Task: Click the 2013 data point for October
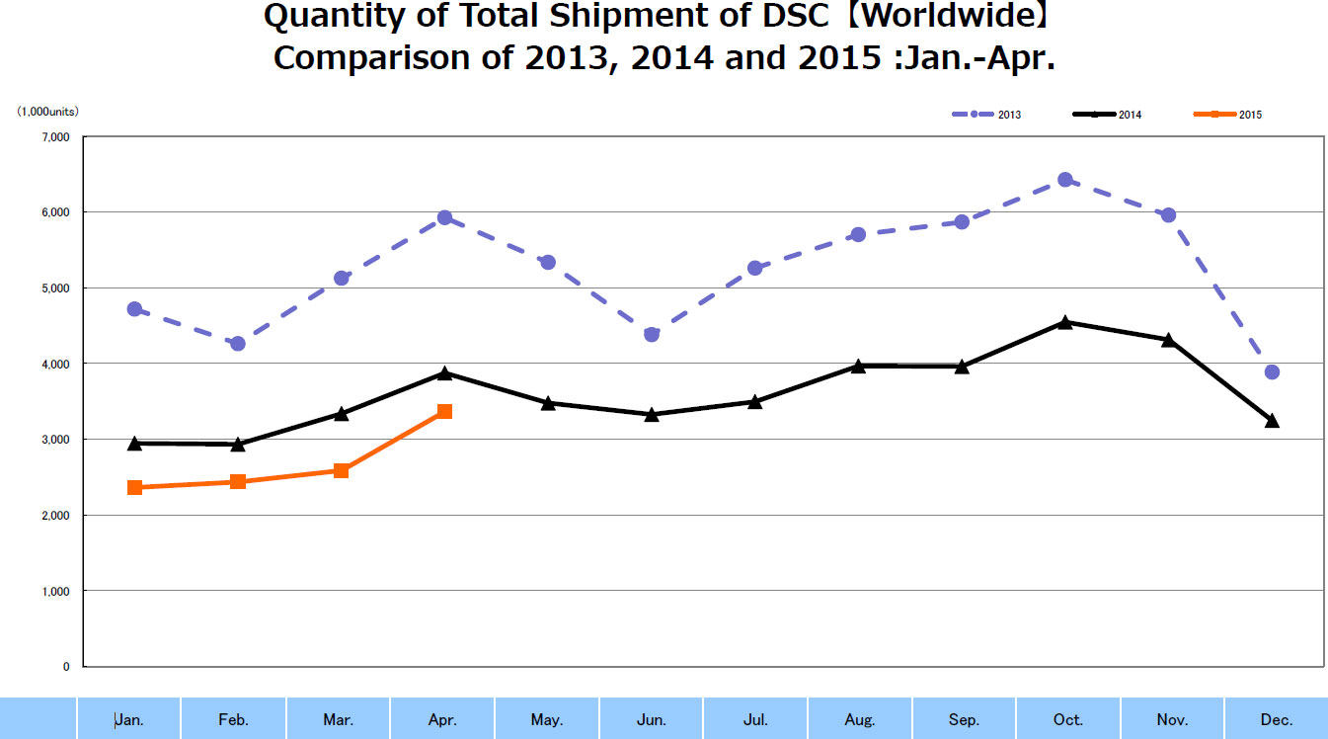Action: click(1064, 180)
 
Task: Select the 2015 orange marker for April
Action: click(444, 411)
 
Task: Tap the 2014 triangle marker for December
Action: click(1272, 421)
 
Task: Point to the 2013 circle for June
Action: click(652, 334)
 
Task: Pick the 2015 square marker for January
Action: click(134, 487)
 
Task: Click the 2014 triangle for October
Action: click(1064, 322)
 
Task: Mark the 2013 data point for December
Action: click(1272, 371)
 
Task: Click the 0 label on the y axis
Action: click(66, 667)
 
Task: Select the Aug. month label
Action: click(860, 720)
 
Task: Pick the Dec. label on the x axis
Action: click(1277, 720)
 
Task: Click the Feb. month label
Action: click(233, 720)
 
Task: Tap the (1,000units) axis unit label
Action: click(47, 112)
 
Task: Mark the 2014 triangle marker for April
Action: click(444, 373)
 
